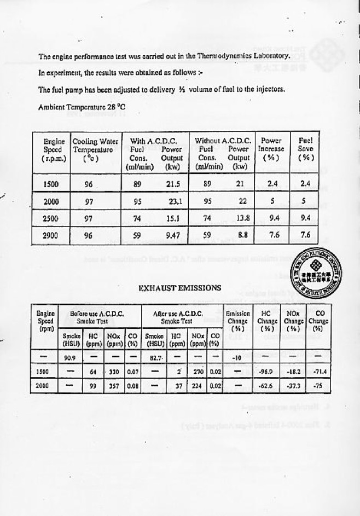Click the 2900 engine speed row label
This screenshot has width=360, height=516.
[51, 236]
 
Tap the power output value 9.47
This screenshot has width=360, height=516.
[173, 236]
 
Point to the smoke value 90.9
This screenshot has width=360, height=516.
[69, 358]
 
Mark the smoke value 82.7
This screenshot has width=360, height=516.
[149, 358]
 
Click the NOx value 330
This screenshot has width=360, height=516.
[114, 372]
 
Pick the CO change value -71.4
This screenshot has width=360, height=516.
[317, 372]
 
